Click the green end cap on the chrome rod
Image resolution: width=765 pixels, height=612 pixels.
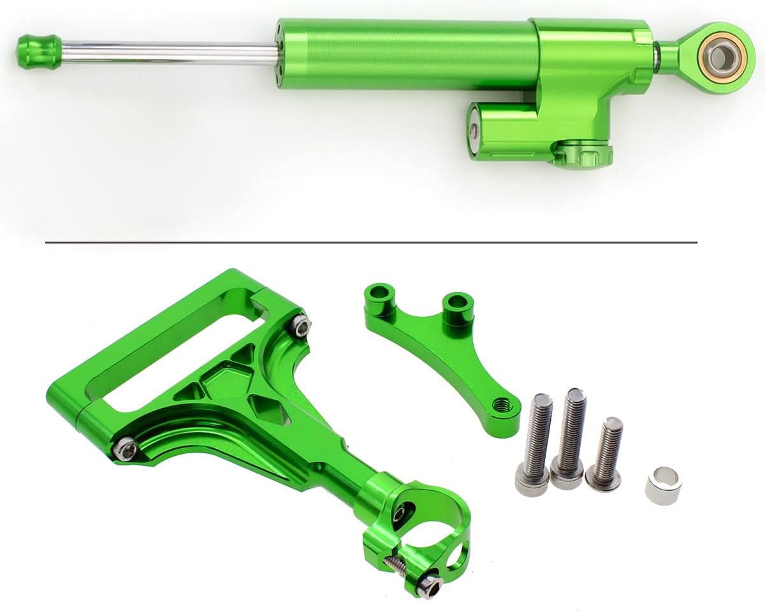pyautogui.click(x=39, y=51)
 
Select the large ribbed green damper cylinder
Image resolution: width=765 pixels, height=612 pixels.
pyautogui.click(x=408, y=54)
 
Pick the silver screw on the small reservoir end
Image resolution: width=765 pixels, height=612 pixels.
pyautogui.click(x=473, y=131)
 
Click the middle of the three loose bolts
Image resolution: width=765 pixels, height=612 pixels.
pyautogui.click(x=569, y=440)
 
